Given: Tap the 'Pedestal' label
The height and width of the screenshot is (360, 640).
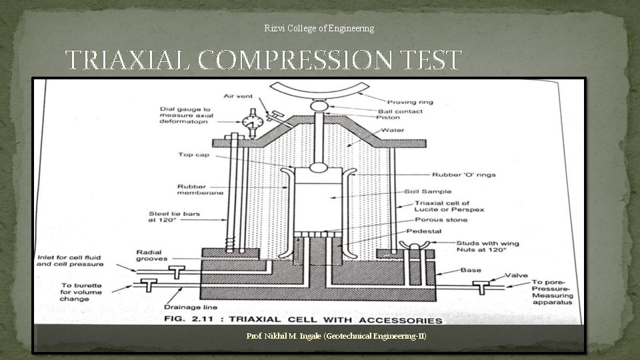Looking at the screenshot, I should coord(424,231).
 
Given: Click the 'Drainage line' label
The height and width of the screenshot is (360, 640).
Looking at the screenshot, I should coord(187,307).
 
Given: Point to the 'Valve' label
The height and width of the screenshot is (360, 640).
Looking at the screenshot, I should coord(516,275).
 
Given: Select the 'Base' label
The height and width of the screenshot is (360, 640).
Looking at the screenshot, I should coord(471,270).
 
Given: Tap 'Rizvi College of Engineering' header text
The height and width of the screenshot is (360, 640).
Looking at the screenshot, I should coord(319,28).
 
